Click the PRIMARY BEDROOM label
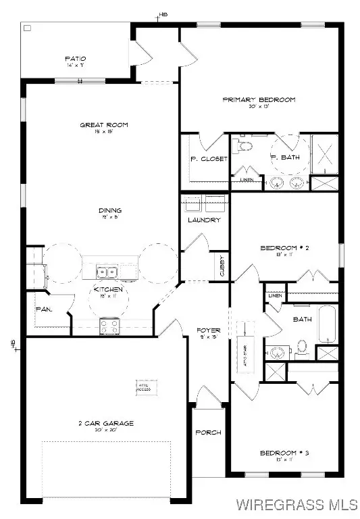[259, 100]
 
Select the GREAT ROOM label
[104, 124]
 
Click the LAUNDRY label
[204, 220]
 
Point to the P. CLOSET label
[203, 159]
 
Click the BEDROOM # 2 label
[284, 248]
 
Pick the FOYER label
[208, 330]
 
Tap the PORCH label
[208, 432]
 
